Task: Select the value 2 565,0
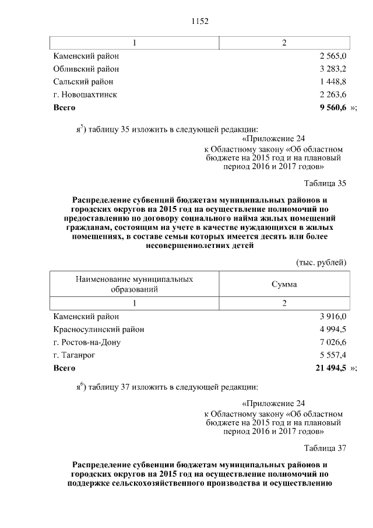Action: point(333,57)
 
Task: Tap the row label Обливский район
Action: point(86,69)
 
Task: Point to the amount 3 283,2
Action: point(333,69)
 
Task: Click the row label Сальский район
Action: point(83,82)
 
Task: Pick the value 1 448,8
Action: point(333,82)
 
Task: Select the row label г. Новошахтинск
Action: point(85,95)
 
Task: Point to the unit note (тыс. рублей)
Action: point(321,262)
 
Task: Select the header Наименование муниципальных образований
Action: point(135,284)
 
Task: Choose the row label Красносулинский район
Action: point(98,329)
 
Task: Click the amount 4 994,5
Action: point(333,329)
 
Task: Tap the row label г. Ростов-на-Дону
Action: point(87,342)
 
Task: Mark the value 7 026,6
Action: point(333,342)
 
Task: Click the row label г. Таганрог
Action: point(74,355)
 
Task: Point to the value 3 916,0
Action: point(333,316)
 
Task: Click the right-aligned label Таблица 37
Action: point(325,448)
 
